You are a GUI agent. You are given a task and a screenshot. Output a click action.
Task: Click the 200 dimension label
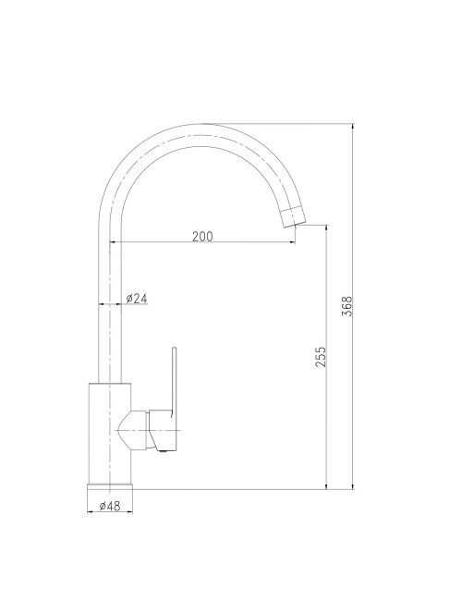[x=202, y=236]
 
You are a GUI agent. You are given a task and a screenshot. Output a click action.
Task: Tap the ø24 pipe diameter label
[x=137, y=298]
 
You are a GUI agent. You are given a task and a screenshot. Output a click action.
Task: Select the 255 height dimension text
[x=321, y=357]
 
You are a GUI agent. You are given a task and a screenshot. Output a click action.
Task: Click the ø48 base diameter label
[x=110, y=506]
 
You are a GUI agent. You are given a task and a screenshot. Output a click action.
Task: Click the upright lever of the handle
[x=174, y=379]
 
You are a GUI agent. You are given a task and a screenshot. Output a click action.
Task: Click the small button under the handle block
[x=164, y=450]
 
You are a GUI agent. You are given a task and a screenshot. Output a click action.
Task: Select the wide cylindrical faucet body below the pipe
[x=110, y=430]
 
